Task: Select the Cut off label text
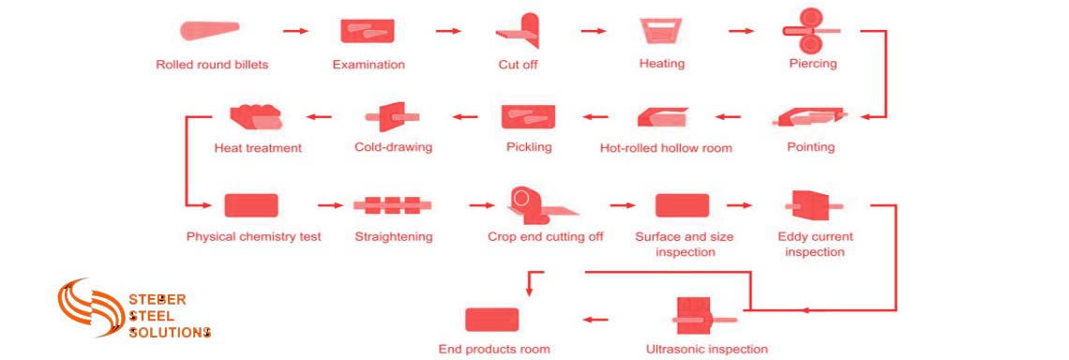pos(518,65)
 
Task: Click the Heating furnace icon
pos(662,31)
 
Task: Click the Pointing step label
pos(811,147)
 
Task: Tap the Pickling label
pos(529,147)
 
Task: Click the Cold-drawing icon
pos(391,116)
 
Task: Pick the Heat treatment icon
pos(256,115)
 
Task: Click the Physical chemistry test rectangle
pos(251,205)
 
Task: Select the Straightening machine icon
pos(393,205)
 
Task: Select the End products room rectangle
pos(492,319)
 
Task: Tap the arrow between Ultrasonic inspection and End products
pos(595,319)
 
